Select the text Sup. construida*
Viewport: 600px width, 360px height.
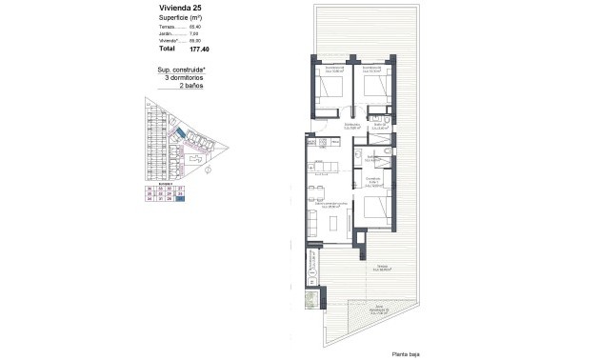[183, 70]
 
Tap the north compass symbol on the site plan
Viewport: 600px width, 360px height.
[220, 172]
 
